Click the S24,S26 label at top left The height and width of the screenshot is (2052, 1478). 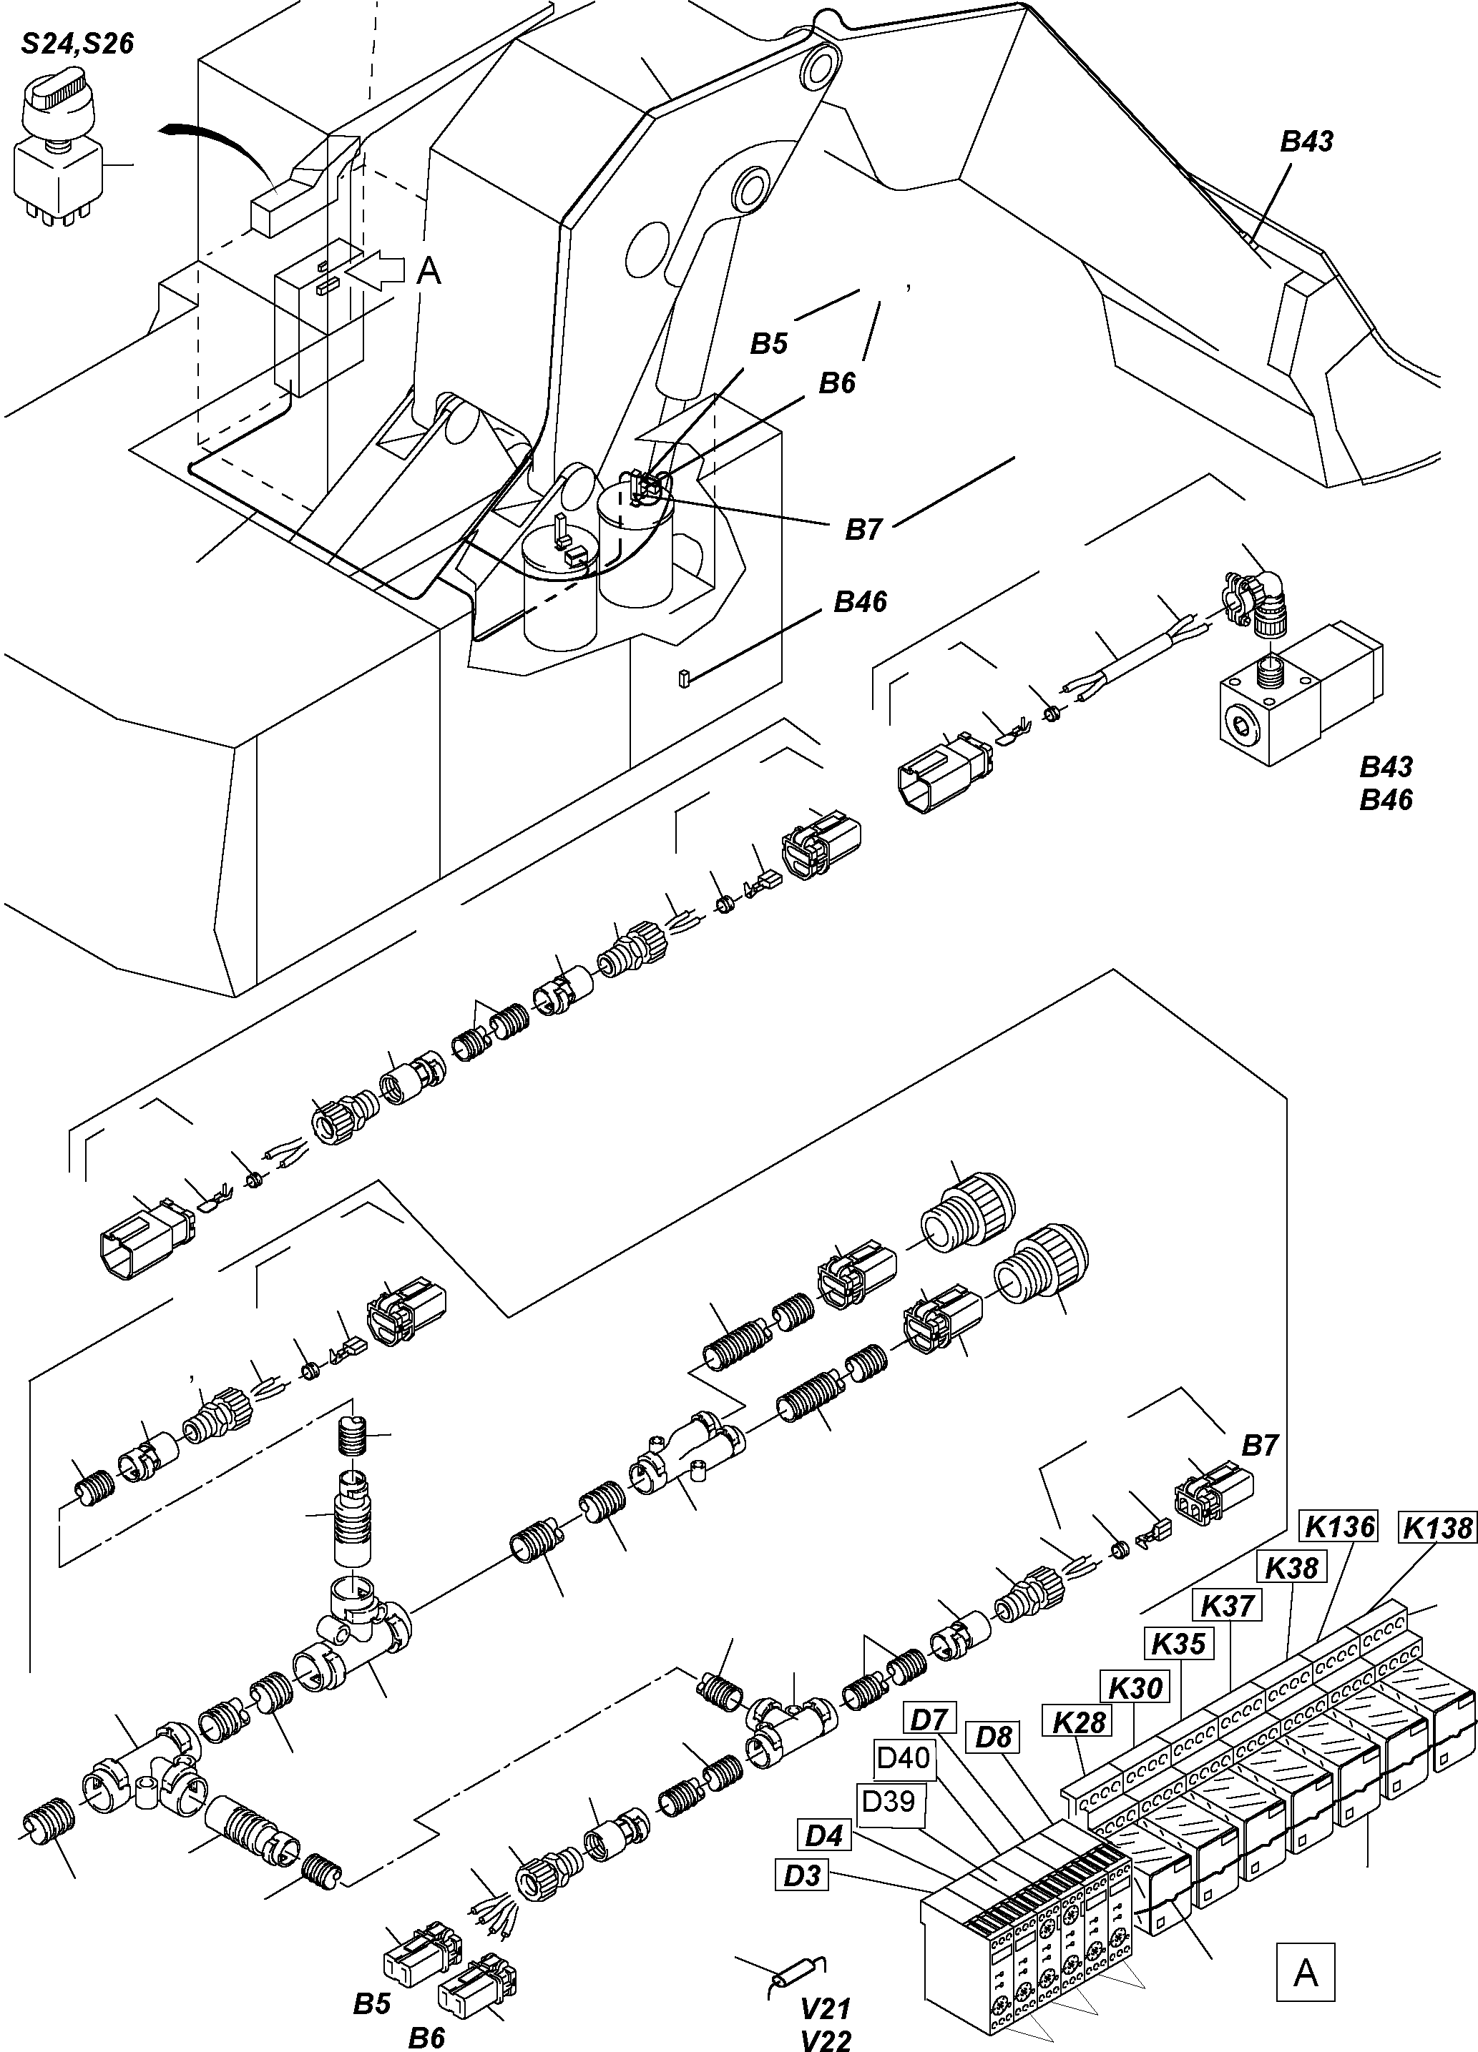coord(78,44)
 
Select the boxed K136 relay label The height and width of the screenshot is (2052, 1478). coord(1339,1526)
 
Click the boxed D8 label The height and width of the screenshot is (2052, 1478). coord(994,1737)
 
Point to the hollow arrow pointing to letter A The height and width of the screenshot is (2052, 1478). coord(378,269)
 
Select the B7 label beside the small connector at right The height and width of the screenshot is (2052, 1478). coord(1258,1446)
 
